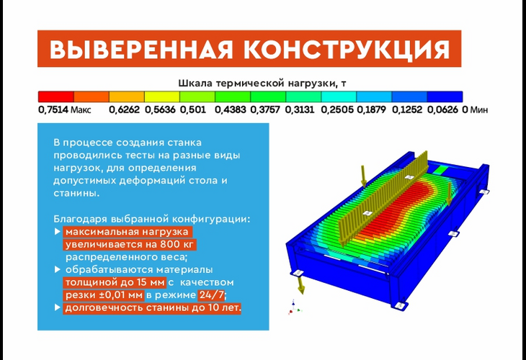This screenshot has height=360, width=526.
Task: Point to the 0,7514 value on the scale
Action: click(53, 110)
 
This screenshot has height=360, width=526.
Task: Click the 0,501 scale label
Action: click(193, 110)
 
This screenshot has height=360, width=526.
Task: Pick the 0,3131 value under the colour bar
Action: click(299, 110)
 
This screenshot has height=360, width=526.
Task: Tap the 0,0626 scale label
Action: click(442, 110)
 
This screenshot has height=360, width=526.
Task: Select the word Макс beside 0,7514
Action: click(81, 110)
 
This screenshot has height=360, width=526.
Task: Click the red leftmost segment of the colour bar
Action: click(55, 96)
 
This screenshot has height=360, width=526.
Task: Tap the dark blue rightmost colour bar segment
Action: click(445, 96)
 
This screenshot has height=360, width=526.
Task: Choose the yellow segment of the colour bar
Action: click(161, 96)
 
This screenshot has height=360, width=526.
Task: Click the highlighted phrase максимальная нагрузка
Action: click(127, 232)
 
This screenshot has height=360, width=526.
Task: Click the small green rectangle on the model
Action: click(438, 170)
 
